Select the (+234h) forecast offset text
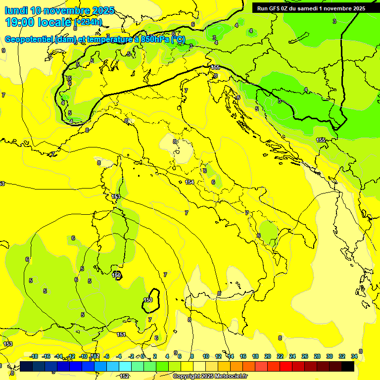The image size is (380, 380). point(88,22)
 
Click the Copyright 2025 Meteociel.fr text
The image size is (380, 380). point(210,377)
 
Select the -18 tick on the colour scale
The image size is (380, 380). point(34,356)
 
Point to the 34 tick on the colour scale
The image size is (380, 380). point(354,356)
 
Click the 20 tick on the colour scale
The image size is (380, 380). point(268,356)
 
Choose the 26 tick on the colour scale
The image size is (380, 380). point(305,356)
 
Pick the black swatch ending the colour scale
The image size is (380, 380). point(348,366)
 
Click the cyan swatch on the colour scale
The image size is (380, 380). point(125,366)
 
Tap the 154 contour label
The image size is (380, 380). point(190,183)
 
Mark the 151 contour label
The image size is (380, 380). point(121,335)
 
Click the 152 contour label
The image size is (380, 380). point(125,376)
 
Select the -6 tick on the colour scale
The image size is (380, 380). point(106,356)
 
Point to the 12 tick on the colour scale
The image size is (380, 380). point(218,356)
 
